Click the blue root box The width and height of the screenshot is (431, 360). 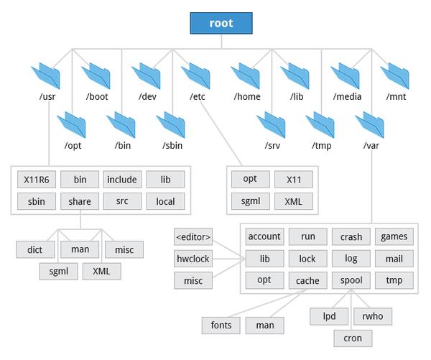coord(221,23)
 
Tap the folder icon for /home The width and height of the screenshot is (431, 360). coord(246,75)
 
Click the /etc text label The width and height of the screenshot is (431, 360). coord(197,97)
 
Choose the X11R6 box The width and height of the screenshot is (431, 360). coord(35,179)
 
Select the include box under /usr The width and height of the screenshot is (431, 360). coord(122,179)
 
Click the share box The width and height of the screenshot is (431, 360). coord(79,201)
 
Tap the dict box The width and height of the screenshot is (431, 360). coord(35,249)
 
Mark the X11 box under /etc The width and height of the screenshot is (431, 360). coord(293,179)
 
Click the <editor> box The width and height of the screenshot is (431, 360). coord(193,236)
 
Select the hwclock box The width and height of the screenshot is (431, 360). coord(193,258)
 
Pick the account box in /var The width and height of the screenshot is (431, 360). coord(264,236)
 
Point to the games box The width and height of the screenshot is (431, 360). coord(394,236)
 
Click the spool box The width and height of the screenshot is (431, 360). coord(351,280)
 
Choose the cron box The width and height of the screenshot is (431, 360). coord(352,338)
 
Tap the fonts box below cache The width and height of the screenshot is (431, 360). coord(221,325)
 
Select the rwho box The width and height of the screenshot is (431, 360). coord(373,315)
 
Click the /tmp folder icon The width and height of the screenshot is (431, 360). coord(320,123)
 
